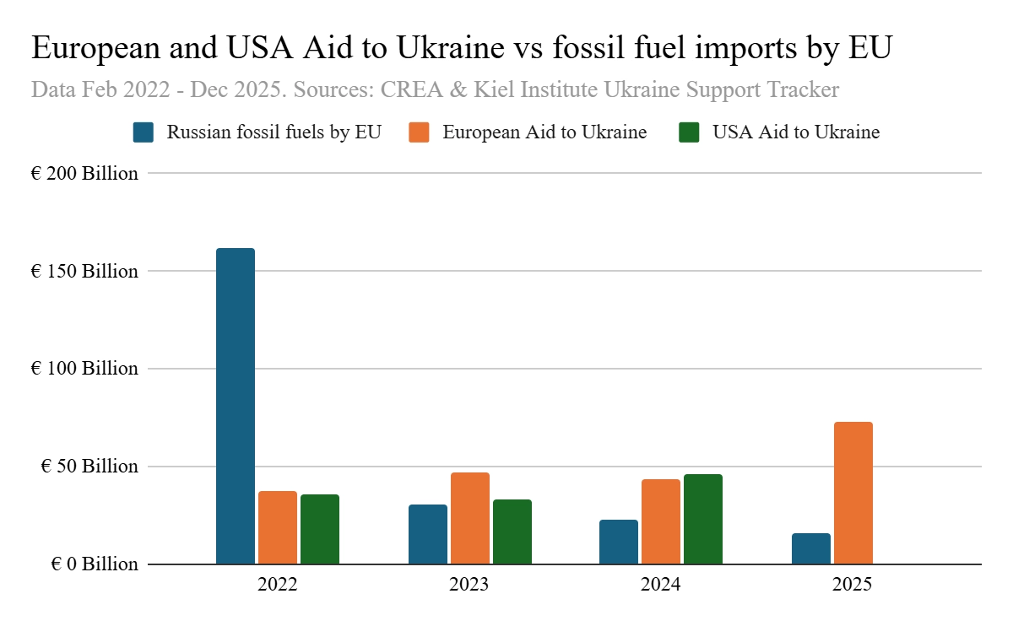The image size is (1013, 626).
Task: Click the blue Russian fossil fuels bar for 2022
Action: pos(236,406)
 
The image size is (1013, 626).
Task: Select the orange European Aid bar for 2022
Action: pos(278,527)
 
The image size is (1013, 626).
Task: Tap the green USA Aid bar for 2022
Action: pos(320,529)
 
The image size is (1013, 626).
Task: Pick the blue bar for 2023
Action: pos(428,534)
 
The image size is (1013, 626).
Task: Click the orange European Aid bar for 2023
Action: pos(470,518)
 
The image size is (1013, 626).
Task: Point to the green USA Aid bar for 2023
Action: pos(512,532)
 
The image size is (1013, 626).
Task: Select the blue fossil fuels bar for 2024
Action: pos(619,542)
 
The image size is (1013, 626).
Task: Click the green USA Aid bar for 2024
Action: pos(703,519)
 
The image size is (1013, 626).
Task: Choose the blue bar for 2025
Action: pos(811,548)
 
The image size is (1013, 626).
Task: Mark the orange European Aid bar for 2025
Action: pos(853,493)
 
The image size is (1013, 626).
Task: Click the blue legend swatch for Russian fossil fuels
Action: pos(144,132)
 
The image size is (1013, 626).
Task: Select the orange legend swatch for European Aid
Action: pos(419,132)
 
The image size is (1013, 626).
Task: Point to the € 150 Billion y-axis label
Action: pos(84,272)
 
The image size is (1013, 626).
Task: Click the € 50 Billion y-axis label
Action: pos(89,467)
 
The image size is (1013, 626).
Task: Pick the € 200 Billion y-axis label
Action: pos(84,175)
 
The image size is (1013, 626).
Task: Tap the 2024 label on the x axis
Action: pos(661,584)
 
